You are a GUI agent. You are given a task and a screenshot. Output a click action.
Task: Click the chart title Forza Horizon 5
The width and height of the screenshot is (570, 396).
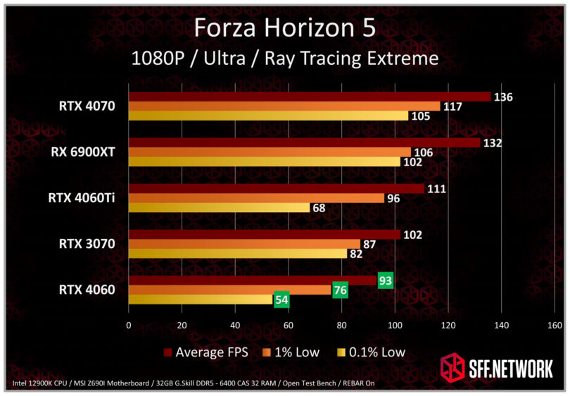coord(284,27)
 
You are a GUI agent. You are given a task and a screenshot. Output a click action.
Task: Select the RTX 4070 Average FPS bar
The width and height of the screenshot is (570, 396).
coord(309,97)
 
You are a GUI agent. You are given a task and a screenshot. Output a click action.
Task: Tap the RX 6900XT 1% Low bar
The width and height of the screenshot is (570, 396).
coord(269,152)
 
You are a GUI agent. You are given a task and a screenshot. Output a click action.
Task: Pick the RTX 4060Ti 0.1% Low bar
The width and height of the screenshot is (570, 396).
coord(219,207)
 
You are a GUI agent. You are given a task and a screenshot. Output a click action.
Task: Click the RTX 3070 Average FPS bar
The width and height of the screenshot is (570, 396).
coord(264,235)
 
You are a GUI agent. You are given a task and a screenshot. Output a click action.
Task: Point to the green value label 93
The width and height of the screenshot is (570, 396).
coord(385,280)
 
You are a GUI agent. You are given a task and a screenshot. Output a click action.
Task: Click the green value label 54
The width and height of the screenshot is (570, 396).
coord(281,299)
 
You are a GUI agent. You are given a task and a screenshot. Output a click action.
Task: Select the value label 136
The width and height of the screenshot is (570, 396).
coord(502,97)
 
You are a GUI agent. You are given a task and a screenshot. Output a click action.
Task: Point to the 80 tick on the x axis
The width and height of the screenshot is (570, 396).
coord(341,326)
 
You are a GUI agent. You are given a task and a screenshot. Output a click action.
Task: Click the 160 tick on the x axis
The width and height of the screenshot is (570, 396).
coord(555,326)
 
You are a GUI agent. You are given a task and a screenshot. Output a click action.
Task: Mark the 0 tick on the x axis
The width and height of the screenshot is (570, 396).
coord(128,326)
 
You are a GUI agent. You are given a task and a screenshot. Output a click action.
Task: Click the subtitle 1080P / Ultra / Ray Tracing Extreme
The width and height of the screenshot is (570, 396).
coord(284,58)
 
